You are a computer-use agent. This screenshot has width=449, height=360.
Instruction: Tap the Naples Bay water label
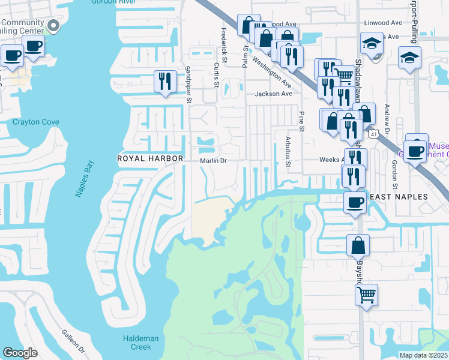coord(84,178)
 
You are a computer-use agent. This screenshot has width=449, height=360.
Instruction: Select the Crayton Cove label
coord(36,122)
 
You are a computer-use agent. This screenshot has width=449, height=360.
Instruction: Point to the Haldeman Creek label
coord(140,343)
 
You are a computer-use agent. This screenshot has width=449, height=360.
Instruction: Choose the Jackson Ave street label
coord(273,94)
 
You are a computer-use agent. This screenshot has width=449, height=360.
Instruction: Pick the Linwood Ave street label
coord(382,23)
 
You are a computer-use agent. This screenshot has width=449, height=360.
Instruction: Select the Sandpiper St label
coord(188,84)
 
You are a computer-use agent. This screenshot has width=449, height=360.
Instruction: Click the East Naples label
coord(397,197)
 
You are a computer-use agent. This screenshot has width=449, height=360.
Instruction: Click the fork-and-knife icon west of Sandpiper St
coord(164,81)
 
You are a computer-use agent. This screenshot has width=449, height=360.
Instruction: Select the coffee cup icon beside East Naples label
coord(355,202)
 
